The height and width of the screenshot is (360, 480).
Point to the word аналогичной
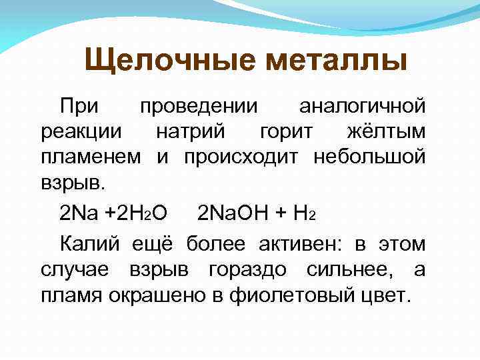[362, 105]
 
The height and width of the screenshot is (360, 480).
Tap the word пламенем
[90, 157]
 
